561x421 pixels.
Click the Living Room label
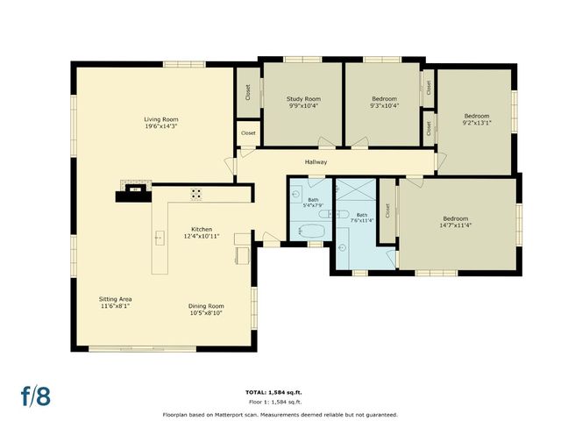click(162, 119)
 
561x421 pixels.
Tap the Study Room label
click(303, 99)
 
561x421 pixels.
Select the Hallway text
click(316, 162)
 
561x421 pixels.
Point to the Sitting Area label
click(116, 299)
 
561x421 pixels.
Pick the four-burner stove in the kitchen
click(196, 194)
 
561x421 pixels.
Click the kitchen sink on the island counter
click(160, 237)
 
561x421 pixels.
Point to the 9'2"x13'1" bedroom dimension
click(477, 123)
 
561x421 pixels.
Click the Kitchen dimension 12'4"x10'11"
click(201, 237)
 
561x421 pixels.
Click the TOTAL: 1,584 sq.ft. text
click(280, 392)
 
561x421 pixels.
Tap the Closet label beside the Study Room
click(248, 92)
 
